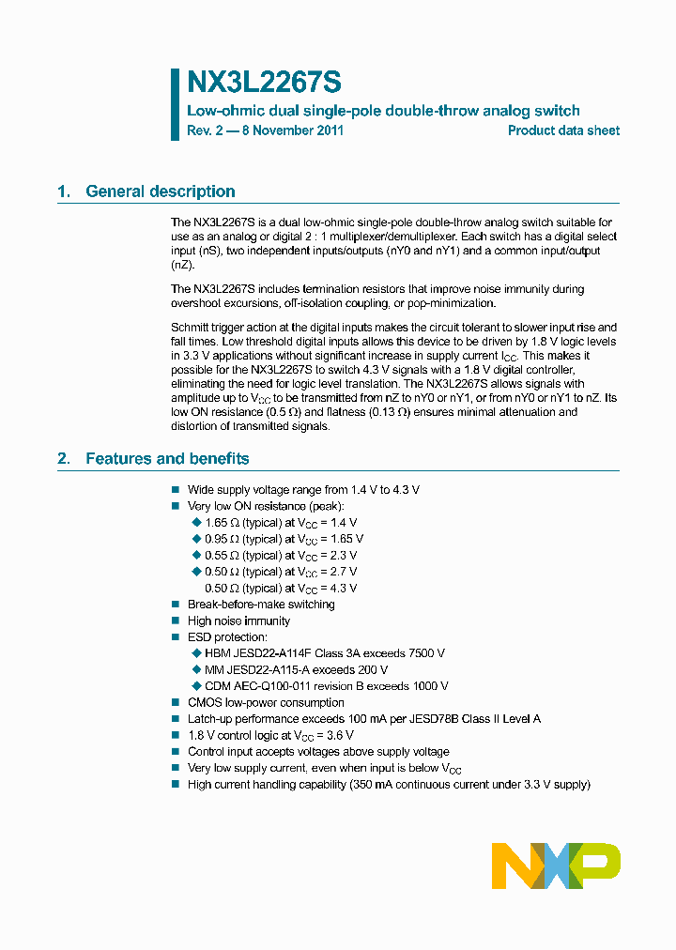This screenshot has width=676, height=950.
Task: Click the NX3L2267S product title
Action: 265,84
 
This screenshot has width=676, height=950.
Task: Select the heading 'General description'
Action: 161,192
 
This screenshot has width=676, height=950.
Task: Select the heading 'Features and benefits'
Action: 167,459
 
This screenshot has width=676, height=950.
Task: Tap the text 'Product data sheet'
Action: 563,130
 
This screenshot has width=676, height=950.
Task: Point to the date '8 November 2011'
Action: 293,130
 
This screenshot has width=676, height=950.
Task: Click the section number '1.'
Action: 64,192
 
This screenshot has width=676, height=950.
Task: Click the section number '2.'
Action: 64,459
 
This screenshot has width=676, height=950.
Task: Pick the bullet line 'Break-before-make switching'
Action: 261,605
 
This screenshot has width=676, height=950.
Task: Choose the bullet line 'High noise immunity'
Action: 238,621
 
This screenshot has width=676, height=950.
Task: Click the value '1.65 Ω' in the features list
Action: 222,523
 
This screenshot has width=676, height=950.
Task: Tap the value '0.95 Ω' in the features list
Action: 222,539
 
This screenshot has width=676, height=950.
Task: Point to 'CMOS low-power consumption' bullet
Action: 266,702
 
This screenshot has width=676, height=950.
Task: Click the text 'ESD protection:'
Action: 227,637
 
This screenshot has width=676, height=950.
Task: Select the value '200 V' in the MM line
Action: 371,670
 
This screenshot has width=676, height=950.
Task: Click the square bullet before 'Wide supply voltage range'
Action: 175,490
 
